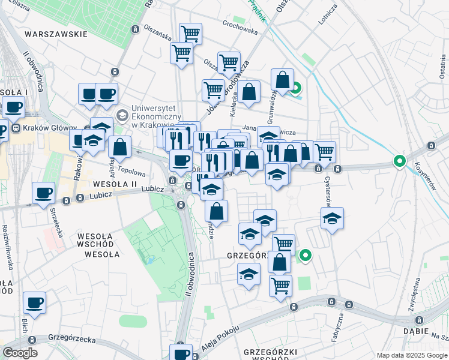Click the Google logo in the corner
coord(20,353)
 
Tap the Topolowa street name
coord(131,154)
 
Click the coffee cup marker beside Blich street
coord(35,303)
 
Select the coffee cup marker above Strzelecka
coord(43,193)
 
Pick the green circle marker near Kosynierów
coord(399,161)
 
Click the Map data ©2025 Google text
coord(412,355)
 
